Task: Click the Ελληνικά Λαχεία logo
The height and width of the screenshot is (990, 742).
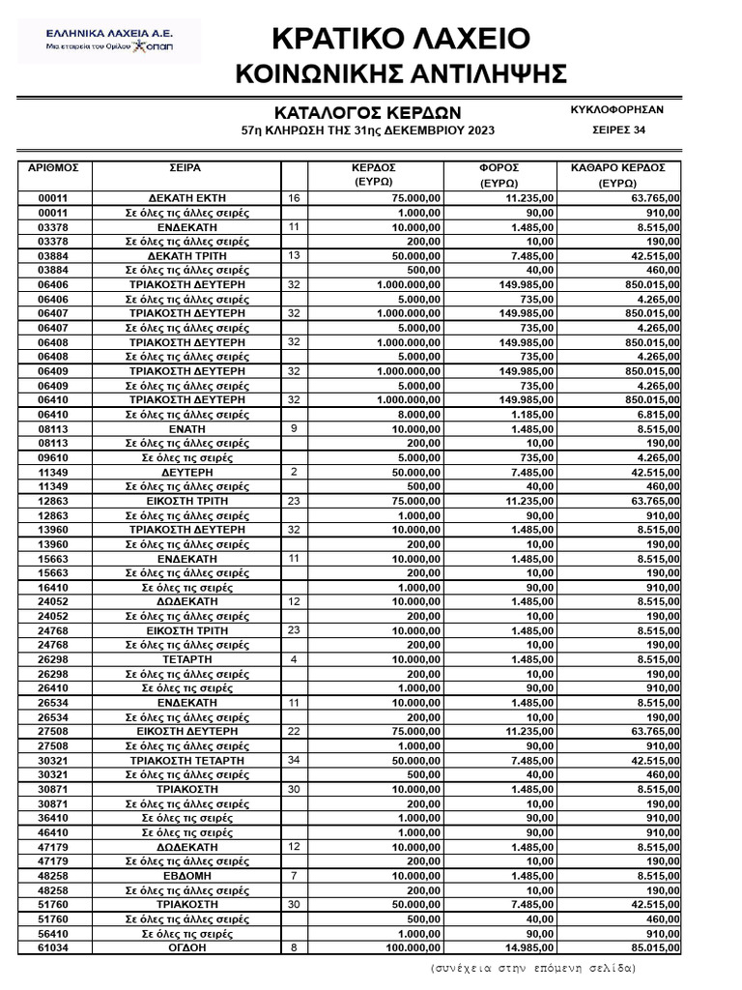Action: pos(109,41)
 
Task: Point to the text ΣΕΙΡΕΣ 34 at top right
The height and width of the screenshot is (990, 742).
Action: pos(618,131)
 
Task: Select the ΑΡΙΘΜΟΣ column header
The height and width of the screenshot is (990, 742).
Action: pos(54,167)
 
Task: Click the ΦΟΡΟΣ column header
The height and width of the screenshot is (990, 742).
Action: pos(499,167)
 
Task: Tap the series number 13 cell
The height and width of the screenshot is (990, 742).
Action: pos(294,254)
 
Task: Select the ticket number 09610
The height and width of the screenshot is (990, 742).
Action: pos(54,457)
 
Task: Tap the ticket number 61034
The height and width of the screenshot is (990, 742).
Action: pos(54,948)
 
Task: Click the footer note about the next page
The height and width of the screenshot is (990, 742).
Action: pos(533,967)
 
